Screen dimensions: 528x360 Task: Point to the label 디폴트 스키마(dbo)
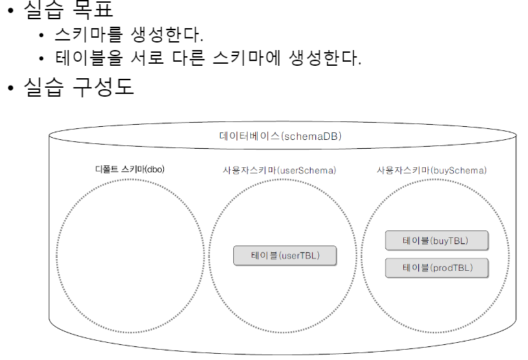pyautogui.click(x=130, y=169)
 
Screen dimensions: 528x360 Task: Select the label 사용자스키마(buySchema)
pyautogui.click(x=432, y=169)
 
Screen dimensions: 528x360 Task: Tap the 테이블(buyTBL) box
pyautogui.click(x=437, y=241)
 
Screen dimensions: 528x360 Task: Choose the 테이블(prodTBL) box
pyautogui.click(x=437, y=267)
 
